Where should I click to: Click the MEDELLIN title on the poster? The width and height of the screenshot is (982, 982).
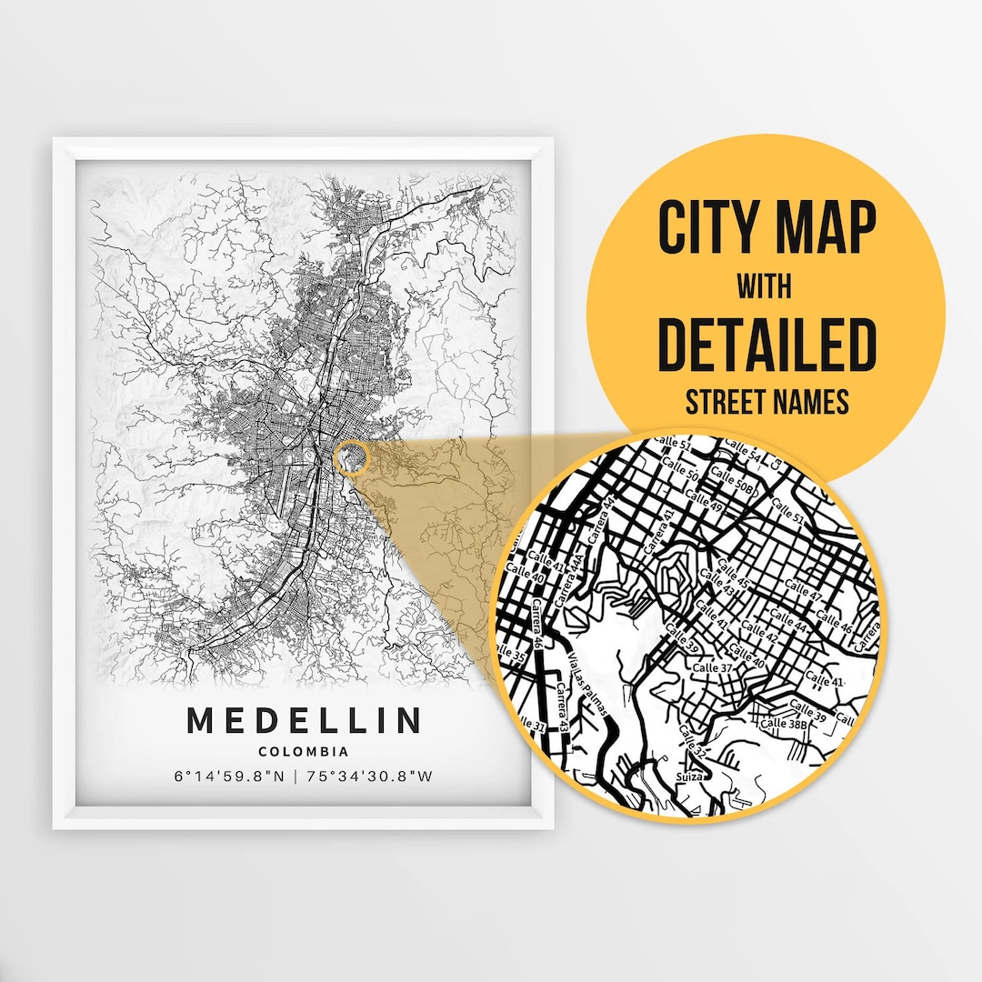pos(304,720)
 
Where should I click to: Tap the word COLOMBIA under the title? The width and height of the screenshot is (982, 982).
pos(304,752)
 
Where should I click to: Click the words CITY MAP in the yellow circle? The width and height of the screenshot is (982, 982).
pos(767,229)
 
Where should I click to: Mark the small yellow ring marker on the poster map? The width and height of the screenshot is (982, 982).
pos(351,458)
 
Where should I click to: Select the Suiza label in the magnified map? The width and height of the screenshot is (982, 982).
pos(693,777)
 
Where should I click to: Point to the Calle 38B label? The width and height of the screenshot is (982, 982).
pos(785,724)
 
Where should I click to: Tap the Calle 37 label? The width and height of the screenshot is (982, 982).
pos(712,668)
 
